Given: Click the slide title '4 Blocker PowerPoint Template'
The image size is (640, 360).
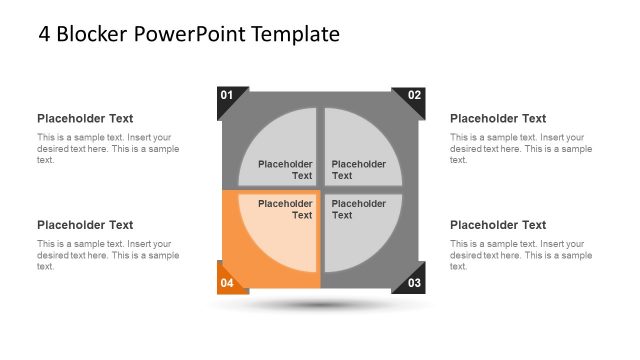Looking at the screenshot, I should pyautogui.click(x=189, y=34).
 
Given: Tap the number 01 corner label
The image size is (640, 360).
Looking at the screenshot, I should pyautogui.click(x=227, y=96).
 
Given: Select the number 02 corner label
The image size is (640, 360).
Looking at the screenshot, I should pyautogui.click(x=414, y=96).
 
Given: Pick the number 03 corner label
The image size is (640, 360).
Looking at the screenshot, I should pyautogui.click(x=414, y=283).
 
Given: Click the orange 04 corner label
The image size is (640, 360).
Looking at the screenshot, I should pyautogui.click(x=227, y=283).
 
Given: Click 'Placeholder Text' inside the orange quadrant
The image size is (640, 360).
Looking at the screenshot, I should pyautogui.click(x=286, y=209).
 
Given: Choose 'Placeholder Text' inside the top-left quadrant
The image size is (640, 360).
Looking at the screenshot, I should pyautogui.click(x=286, y=170).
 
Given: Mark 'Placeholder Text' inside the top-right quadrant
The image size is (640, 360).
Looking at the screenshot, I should pyautogui.click(x=358, y=170).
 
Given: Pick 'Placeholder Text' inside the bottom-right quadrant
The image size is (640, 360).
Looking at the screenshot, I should pyautogui.click(x=358, y=209).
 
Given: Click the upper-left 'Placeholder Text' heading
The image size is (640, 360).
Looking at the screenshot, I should pyautogui.click(x=85, y=118).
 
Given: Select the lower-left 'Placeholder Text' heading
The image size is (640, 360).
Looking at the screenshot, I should pyautogui.click(x=85, y=225).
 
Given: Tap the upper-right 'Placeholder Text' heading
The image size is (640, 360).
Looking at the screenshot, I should pyautogui.click(x=498, y=118).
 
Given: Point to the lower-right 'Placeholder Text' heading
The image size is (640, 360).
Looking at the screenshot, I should pyautogui.click(x=498, y=225).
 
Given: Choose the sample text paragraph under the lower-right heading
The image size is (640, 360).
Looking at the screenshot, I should pyautogui.click(x=520, y=255).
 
